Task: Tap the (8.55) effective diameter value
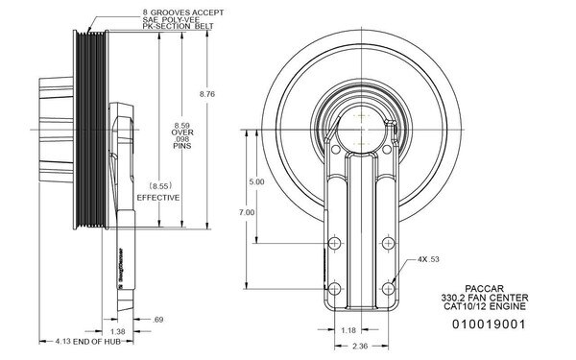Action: pos(159,182)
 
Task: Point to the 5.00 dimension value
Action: pos(256,181)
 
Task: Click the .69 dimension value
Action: pos(159,318)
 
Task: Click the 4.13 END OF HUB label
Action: pos(82,342)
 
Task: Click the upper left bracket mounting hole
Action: pos(335,242)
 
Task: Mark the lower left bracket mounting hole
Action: pos(335,286)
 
